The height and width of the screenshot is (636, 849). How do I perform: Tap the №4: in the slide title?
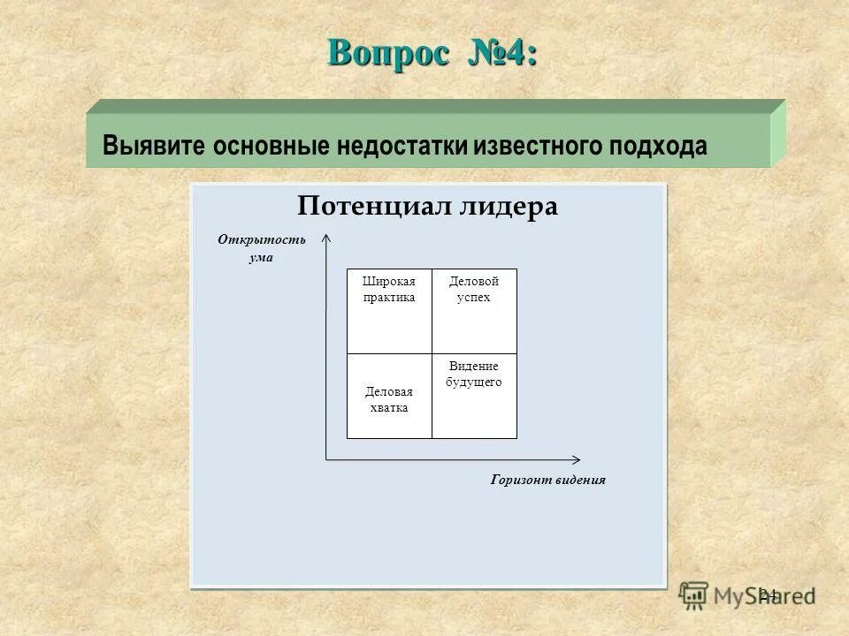pyautogui.click(x=499, y=52)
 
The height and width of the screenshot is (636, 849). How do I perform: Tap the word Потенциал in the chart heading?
pyautogui.click(x=374, y=207)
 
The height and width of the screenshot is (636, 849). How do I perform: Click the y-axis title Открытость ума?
pyautogui.click(x=262, y=248)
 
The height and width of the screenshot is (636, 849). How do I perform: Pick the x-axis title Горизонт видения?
pyautogui.click(x=547, y=480)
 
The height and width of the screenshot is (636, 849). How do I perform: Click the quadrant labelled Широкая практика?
pyautogui.click(x=389, y=311)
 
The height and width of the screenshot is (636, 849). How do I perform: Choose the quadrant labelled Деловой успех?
pyautogui.click(x=474, y=311)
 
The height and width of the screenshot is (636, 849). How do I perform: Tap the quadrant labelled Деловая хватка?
pyautogui.click(x=389, y=397)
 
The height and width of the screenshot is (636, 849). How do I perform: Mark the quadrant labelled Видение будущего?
pyautogui.click(x=474, y=397)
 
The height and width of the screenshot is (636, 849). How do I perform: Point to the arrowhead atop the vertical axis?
pyautogui.click(x=326, y=236)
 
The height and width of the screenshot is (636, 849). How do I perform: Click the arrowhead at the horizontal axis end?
pyautogui.click(x=577, y=459)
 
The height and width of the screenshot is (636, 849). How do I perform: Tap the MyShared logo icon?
pyautogui.click(x=694, y=594)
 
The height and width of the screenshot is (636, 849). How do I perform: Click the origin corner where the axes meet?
pyautogui.click(x=326, y=459)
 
